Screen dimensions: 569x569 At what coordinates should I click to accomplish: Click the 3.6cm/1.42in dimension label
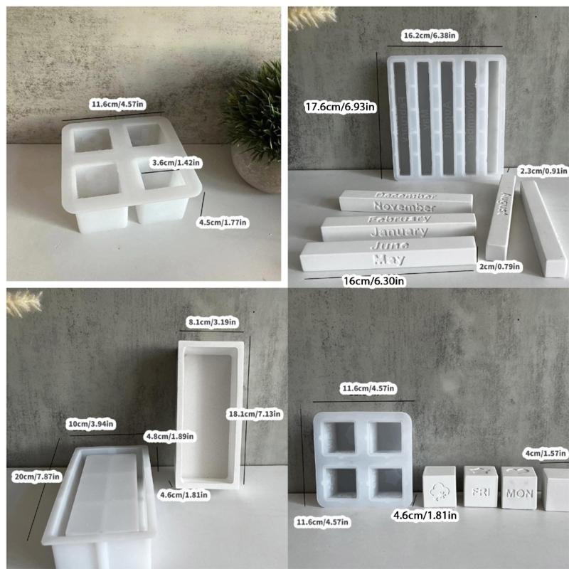177,162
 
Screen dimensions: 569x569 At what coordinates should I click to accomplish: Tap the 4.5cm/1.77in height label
223,222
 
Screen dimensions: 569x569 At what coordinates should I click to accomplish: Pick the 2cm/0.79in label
499,266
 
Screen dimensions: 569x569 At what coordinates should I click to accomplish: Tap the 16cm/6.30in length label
375,281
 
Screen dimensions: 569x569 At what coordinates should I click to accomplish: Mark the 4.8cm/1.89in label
170,435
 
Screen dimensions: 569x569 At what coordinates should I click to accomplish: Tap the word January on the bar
399,231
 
